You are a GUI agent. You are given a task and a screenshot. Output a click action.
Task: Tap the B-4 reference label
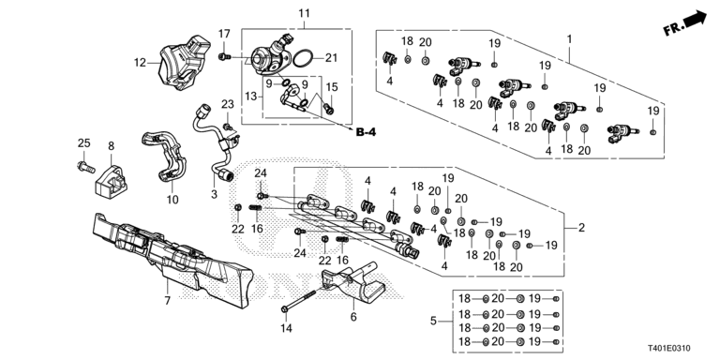(x=367, y=131)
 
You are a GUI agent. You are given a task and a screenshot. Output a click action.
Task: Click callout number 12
(x=141, y=64)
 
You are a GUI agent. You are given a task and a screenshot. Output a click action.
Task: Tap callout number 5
(x=433, y=321)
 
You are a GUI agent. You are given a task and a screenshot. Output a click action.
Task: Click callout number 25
(x=83, y=142)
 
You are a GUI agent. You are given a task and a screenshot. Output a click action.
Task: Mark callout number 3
(x=214, y=194)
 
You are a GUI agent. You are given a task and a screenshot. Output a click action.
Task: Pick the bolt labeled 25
(x=82, y=166)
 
